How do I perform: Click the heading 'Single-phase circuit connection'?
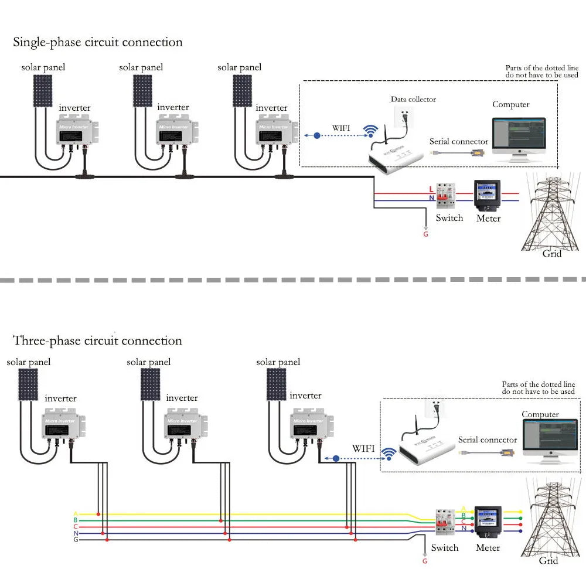point(98,42)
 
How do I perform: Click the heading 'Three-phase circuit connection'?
point(98,340)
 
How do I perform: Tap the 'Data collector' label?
point(414,100)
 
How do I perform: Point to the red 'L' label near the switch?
point(431,189)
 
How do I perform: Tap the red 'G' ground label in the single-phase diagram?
point(425,234)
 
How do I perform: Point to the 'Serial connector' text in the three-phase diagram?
point(488,439)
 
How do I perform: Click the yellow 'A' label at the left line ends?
point(76,514)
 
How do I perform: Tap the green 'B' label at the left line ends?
point(76,520)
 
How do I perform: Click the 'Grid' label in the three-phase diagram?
point(548,561)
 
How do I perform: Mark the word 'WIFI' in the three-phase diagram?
point(363,448)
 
